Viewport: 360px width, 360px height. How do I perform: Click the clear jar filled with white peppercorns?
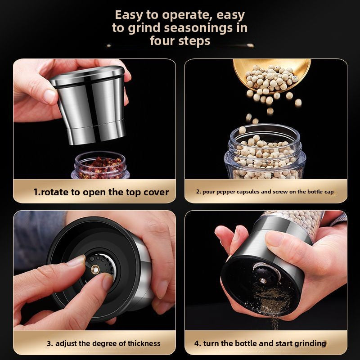[265, 153]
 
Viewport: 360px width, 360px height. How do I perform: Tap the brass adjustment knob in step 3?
[96, 269]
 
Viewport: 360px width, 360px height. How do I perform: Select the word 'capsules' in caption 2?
[245, 192]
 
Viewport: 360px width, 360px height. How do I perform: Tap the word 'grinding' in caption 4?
[310, 343]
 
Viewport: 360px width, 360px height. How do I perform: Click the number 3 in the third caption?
[50, 343]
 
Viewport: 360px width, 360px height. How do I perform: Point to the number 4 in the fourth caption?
[197, 343]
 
